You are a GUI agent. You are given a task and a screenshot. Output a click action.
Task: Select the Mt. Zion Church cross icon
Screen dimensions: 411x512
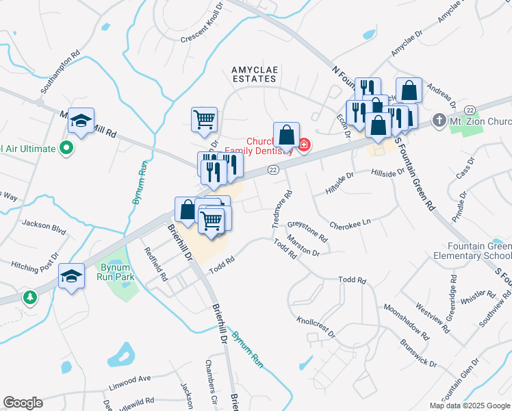438,122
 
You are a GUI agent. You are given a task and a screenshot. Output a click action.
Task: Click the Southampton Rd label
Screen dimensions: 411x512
61,71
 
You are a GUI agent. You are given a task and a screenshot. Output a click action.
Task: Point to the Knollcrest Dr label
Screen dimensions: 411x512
316,327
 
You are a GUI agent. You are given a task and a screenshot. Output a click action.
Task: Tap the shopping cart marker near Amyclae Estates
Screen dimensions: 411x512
205,120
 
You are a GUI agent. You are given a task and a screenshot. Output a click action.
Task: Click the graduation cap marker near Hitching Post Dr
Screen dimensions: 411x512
71,277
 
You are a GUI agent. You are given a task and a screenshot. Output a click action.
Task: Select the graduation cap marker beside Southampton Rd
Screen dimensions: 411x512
81,122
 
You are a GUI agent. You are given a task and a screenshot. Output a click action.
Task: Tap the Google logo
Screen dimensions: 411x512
23,403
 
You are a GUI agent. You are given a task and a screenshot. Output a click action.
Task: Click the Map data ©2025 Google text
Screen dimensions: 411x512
469,406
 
